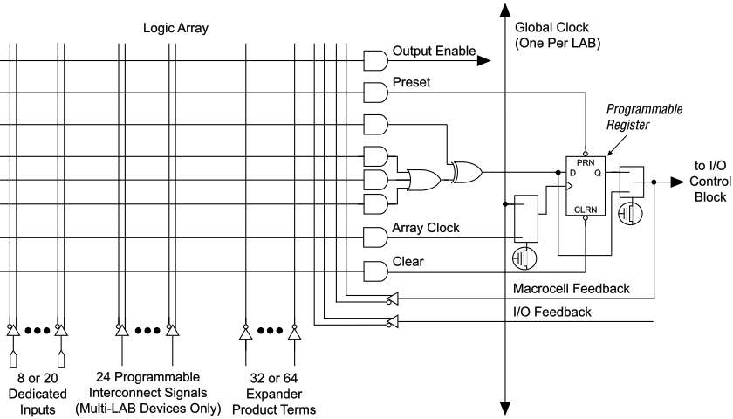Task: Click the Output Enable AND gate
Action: (374, 60)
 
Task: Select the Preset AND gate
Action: (374, 91)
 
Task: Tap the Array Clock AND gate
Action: (374, 237)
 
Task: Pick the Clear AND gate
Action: (374, 271)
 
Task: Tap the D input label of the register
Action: (573, 173)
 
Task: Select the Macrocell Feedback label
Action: (571, 288)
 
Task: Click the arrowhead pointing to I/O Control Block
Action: (675, 181)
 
